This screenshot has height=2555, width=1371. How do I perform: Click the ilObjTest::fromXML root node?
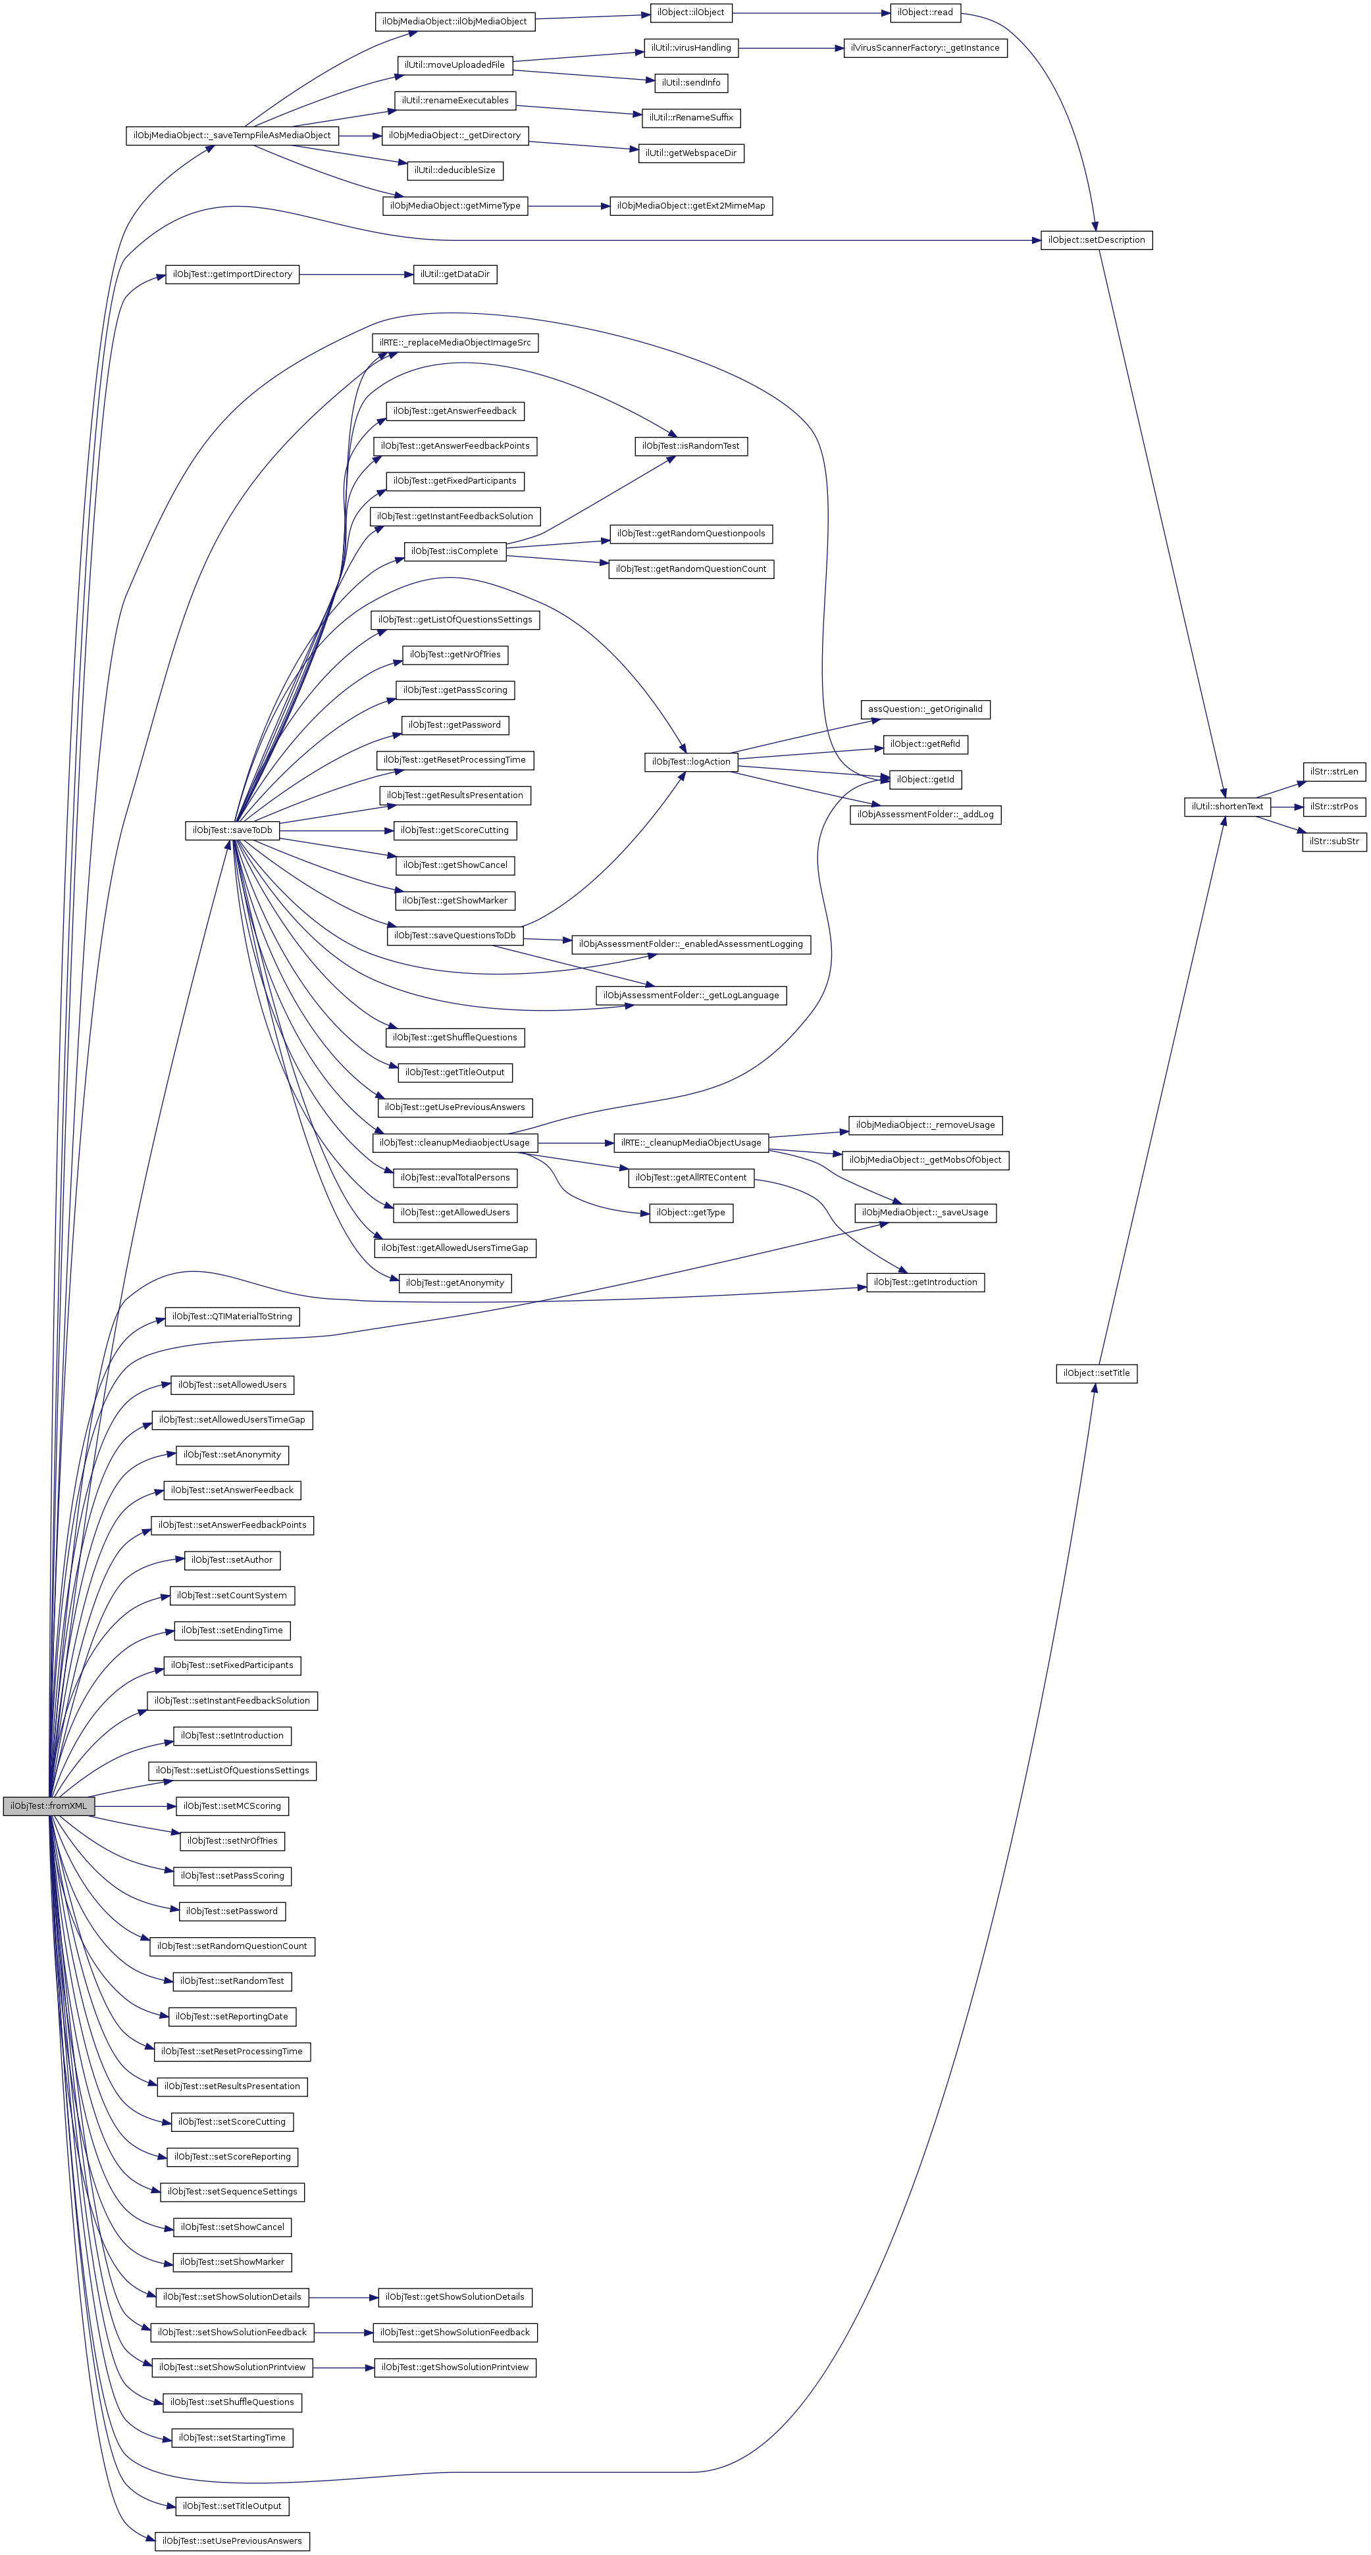(x=47, y=1805)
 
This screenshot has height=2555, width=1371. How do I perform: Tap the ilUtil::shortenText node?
(x=1227, y=806)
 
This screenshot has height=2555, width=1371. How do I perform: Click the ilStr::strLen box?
(x=1333, y=772)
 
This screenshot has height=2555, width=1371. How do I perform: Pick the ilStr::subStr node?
(x=1333, y=841)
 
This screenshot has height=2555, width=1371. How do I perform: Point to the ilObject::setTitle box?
(x=1096, y=1373)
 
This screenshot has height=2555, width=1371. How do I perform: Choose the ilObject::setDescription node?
(x=1096, y=240)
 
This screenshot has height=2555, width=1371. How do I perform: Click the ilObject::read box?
(x=925, y=13)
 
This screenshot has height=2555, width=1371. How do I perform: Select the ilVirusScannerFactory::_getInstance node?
(x=925, y=47)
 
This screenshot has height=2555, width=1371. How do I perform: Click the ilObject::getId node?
(x=925, y=780)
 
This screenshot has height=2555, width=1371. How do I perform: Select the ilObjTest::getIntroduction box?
(x=925, y=1282)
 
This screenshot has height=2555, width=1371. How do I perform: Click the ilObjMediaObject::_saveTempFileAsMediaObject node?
(x=232, y=135)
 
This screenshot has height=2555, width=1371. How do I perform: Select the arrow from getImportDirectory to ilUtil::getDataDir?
(x=356, y=274)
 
